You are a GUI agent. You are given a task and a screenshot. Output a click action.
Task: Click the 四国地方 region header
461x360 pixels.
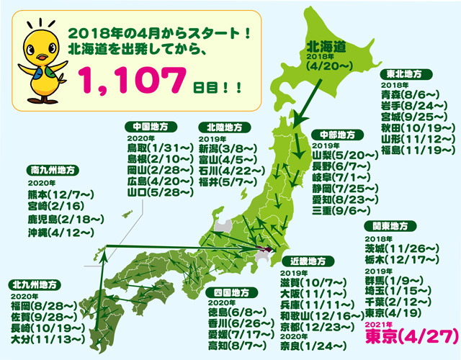coord(231,293)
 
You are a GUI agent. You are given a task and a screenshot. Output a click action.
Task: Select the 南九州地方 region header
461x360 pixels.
coord(54,171)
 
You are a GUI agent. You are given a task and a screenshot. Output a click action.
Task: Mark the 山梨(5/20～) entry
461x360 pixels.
coord(344,155)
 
